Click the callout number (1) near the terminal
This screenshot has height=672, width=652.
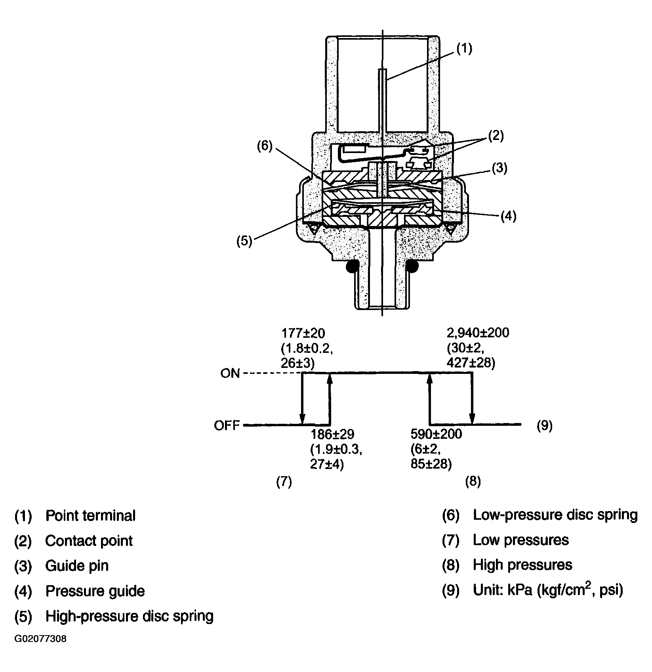coord(464,49)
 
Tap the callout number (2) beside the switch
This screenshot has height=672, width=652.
coord(496,136)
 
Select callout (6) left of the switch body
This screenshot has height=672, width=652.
coord(265,146)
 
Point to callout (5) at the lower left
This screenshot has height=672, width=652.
coord(244,241)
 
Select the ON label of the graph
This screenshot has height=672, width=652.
coord(230,373)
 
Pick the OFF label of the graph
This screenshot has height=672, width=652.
coord(227,425)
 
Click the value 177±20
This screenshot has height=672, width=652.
coord(303,332)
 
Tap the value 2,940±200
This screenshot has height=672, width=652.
coord(478,333)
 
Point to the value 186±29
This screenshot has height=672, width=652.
coord(332,434)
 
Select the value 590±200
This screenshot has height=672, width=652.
coord(437,434)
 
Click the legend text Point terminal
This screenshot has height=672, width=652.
coord(90,515)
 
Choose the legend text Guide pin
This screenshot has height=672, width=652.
coord(77,565)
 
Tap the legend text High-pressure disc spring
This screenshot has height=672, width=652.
coord(130,616)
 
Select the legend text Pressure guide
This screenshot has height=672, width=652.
coord(95,591)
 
